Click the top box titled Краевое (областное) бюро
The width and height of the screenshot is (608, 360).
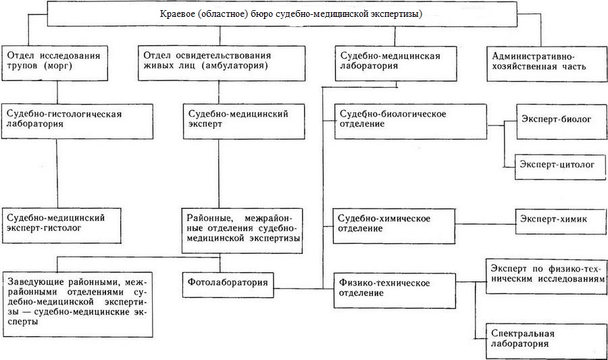282,14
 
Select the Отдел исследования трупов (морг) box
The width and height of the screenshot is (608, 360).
54,63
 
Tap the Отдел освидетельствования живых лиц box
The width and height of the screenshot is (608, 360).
222,63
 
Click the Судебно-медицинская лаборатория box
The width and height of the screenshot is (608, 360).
396,63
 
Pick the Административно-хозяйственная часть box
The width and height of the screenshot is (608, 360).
547,63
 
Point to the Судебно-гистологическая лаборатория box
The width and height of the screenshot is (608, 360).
77,122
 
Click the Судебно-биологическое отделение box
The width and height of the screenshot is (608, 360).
411,122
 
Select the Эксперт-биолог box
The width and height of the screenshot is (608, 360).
561,122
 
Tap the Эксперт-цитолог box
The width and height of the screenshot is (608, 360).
560,167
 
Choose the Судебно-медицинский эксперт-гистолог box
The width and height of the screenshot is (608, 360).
61,226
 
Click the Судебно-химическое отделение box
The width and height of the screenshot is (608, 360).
394,226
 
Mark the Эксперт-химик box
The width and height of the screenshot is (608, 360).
560,222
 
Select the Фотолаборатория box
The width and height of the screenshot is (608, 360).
228,285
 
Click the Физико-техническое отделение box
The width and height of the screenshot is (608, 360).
395,290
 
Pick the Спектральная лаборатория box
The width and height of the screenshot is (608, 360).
547,341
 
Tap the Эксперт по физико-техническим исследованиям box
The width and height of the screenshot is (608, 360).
547,276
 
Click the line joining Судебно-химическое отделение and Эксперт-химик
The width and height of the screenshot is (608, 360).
485,224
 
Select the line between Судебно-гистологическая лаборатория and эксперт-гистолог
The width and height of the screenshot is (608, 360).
57,174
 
